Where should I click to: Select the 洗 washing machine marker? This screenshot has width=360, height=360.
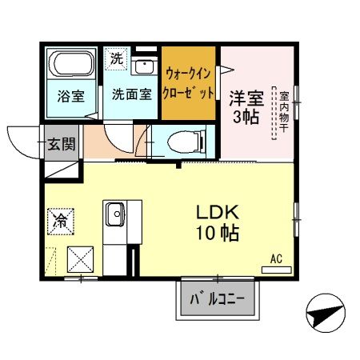[x=117, y=58]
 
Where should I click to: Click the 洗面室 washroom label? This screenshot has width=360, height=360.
[x=131, y=94]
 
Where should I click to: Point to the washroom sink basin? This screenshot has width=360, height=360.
[x=145, y=66]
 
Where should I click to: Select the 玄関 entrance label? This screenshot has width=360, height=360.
[x=60, y=145]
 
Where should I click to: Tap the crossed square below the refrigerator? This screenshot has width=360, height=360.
[x=79, y=259]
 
